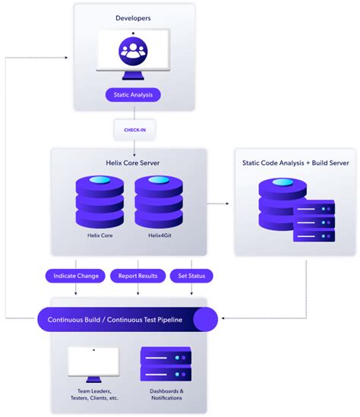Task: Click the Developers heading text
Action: pos(134,17)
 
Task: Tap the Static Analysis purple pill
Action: pos(134,95)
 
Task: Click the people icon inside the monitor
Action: pos(134,52)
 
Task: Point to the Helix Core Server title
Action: pos(133,162)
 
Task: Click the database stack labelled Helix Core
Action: pos(100,201)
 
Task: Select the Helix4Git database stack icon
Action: pos(159,201)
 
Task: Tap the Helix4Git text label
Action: pos(159,236)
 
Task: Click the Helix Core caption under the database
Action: pos(100,236)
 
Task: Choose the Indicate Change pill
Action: pos(76,276)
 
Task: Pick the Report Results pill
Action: pos(137,276)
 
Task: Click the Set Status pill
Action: pos(191,276)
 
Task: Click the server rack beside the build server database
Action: pos(314,221)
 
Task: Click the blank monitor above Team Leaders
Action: pos(93,363)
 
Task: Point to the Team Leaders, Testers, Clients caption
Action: pos(93,394)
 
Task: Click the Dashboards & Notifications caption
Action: pos(166,394)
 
